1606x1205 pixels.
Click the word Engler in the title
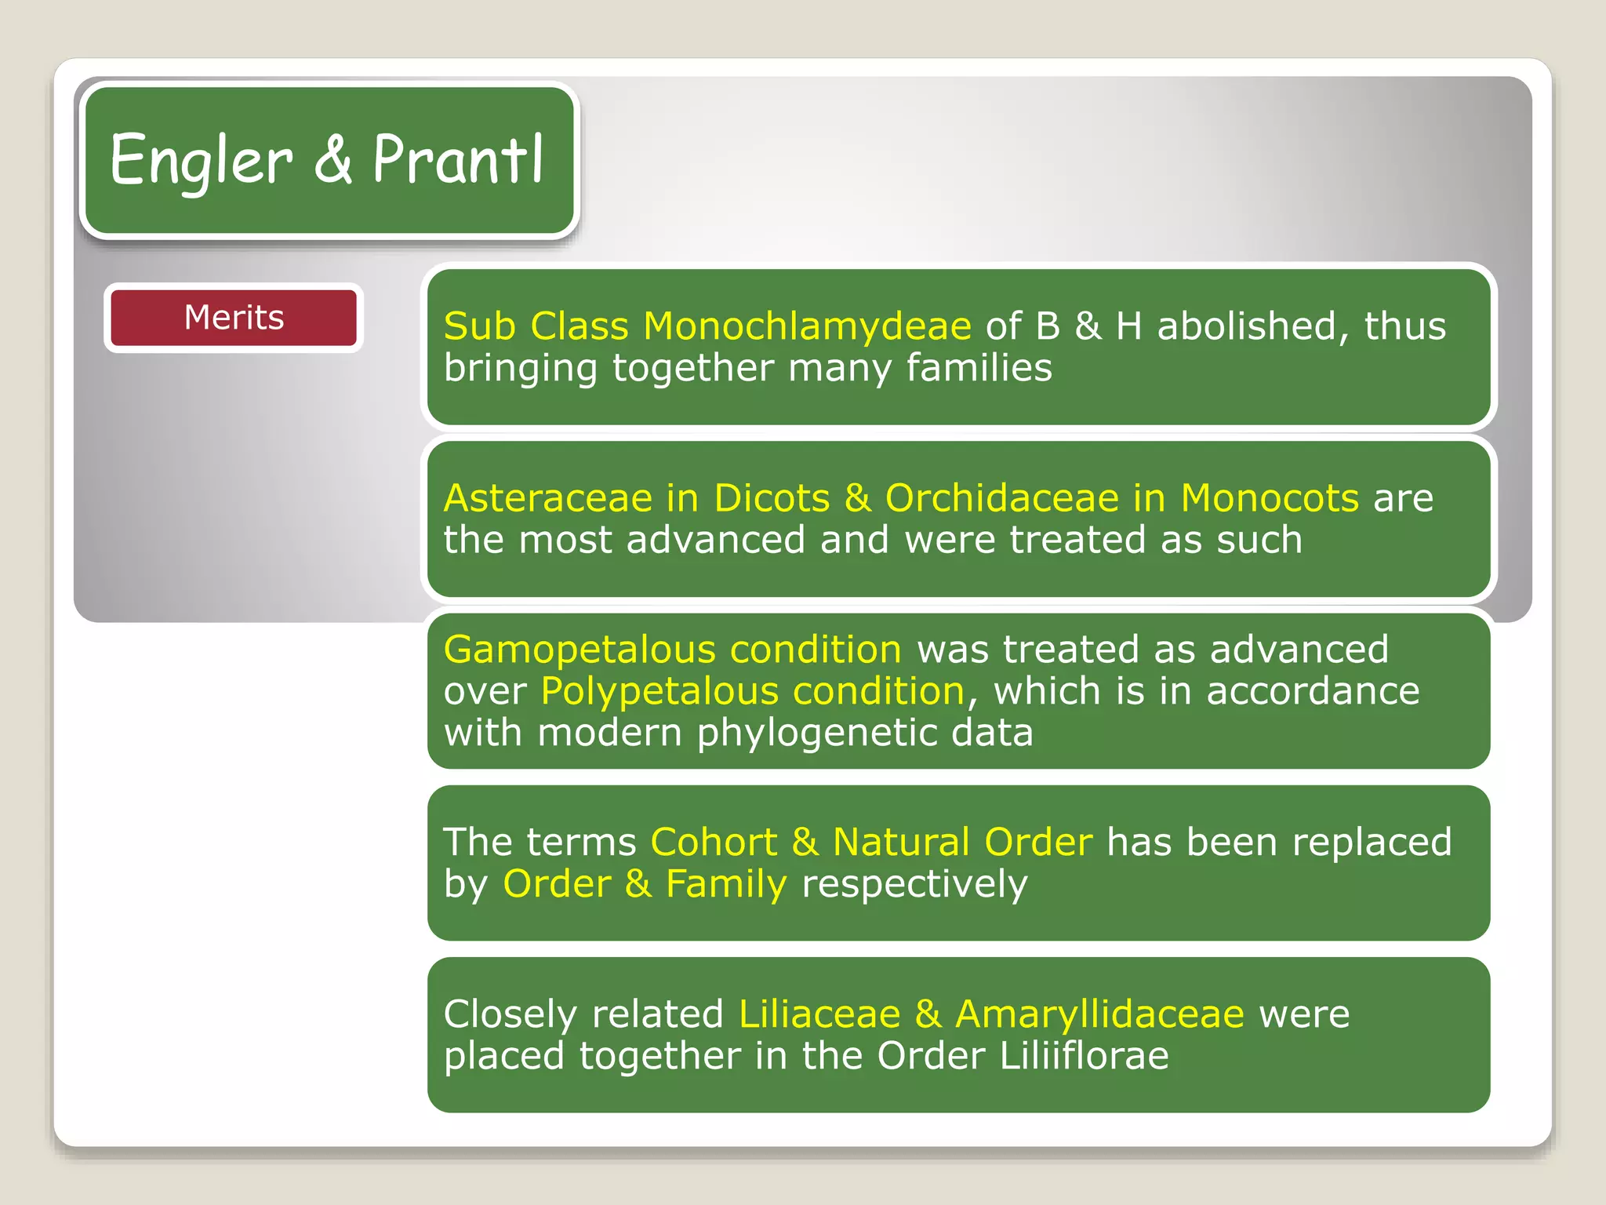point(201,161)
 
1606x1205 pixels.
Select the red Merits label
point(234,318)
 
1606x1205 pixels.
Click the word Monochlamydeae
point(807,326)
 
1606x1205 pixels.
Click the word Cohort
point(714,842)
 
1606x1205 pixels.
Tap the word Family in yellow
point(725,884)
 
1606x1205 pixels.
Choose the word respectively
point(914,884)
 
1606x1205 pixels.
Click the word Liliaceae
point(819,1014)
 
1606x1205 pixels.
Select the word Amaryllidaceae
point(1099,1014)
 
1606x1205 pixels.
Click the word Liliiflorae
point(1084,1055)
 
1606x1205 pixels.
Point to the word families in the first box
point(979,367)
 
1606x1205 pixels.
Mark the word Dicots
point(772,498)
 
